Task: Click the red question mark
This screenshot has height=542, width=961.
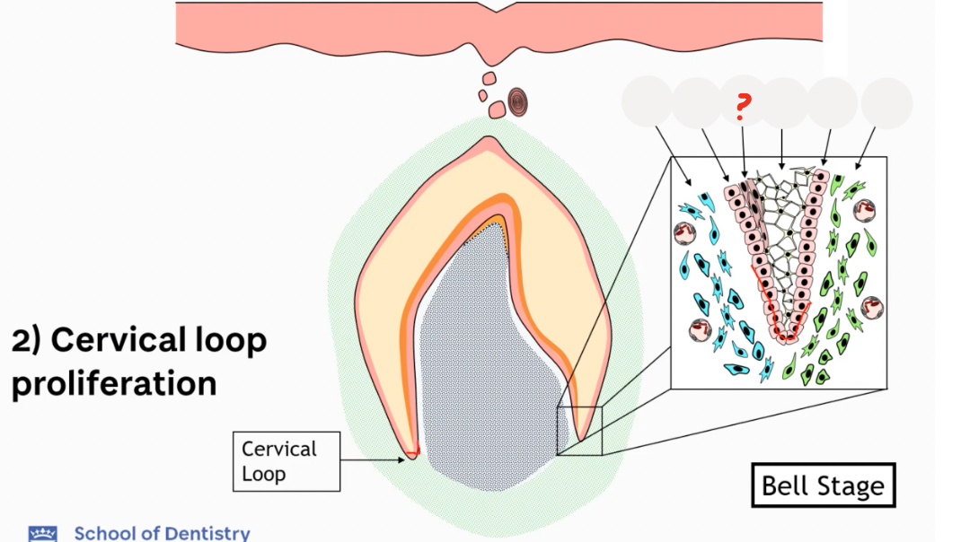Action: tap(741, 108)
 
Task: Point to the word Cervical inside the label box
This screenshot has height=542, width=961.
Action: tap(279, 449)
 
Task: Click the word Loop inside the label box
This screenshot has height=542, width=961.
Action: tap(263, 473)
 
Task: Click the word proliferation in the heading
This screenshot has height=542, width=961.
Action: tap(114, 383)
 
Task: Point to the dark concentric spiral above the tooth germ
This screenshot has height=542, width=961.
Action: tap(519, 102)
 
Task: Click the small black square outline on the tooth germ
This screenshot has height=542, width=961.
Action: tap(579, 430)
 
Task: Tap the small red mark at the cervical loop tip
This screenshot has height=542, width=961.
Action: tap(417, 448)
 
